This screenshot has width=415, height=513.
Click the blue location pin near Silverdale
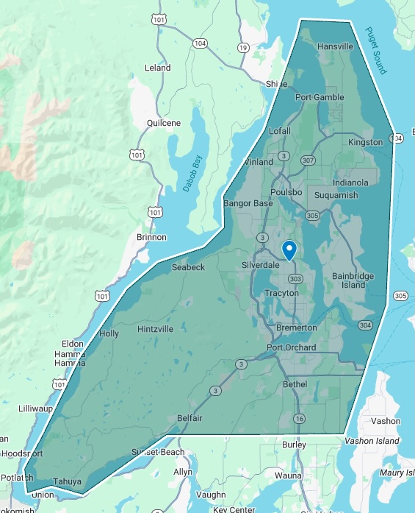pyautogui.click(x=289, y=250)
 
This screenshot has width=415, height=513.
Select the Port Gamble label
pyautogui.click(x=319, y=97)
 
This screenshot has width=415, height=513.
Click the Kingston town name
pyautogui.click(x=365, y=142)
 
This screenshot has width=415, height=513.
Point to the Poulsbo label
pyautogui.click(x=286, y=192)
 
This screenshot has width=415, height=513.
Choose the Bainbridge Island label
pyautogui.click(x=353, y=280)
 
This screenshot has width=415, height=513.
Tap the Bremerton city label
pyautogui.click(x=297, y=327)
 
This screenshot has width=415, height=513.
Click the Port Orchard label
pyautogui.click(x=291, y=347)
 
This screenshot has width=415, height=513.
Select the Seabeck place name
pyautogui.click(x=188, y=267)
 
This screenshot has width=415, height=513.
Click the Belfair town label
pyautogui.click(x=190, y=418)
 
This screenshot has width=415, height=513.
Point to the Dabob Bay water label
pyautogui.click(x=193, y=172)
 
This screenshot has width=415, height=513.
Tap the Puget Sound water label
pyautogui.click(x=375, y=51)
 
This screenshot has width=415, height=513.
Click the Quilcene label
pyautogui.click(x=163, y=123)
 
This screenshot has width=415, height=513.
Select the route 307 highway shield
pyautogui.click(x=308, y=160)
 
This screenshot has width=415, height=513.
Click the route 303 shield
pyautogui.click(x=295, y=279)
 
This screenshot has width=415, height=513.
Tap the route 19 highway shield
pyautogui.click(x=242, y=48)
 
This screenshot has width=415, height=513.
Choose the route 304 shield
pyautogui.click(x=365, y=325)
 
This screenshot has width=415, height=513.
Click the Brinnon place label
pyautogui.click(x=151, y=238)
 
